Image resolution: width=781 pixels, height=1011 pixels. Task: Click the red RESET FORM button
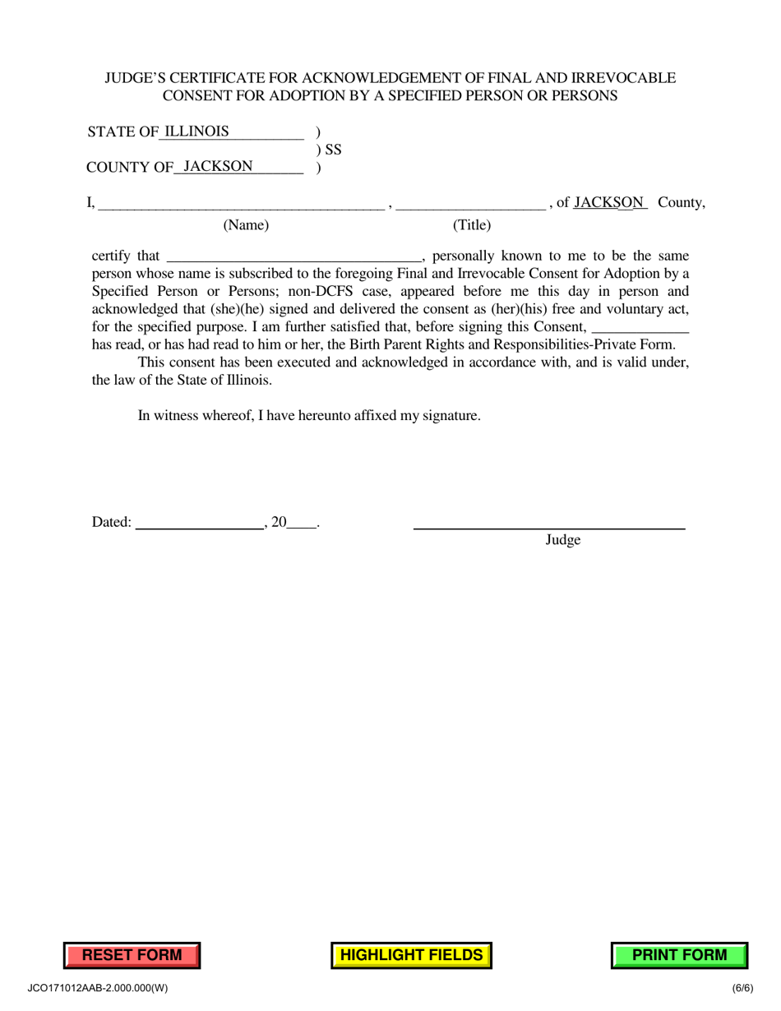132,955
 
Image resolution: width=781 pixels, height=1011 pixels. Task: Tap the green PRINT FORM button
679,955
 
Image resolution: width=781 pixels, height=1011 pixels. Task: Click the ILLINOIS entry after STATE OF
197,132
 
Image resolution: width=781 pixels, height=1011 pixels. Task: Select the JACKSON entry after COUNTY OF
218,166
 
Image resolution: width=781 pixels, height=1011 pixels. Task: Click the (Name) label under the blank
246,225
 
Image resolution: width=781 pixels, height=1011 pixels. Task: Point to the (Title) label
472,225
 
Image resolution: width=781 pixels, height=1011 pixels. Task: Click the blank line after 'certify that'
293,256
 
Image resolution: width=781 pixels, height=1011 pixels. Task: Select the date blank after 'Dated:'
198,522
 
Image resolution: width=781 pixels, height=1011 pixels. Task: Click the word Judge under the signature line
563,540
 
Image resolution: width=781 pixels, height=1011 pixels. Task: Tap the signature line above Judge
548,526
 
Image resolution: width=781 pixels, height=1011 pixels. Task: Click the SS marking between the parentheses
333,150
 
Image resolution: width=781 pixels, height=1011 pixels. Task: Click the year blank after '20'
302,522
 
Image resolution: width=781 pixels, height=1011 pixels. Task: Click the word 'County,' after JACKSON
682,202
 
